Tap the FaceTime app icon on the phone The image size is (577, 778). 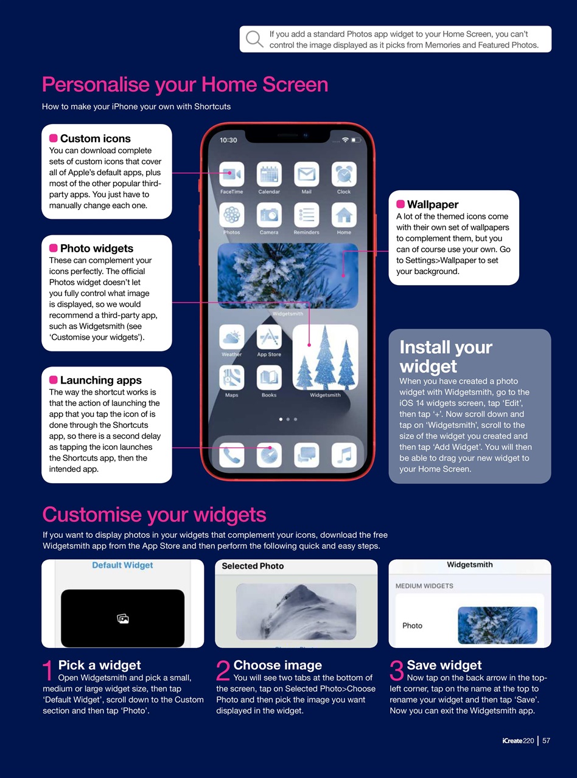point(232,174)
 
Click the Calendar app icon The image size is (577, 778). point(269,174)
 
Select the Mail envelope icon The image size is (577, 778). point(307,174)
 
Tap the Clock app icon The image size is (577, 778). point(344,174)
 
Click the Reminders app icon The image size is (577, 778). point(307,215)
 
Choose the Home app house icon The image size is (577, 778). point(344,215)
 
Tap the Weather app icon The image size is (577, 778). point(232,337)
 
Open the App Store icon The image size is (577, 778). point(269,337)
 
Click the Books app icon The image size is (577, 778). point(269,377)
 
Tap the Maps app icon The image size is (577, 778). point(232,377)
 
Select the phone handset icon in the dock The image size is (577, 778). point(232,455)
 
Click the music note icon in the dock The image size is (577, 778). point(344,455)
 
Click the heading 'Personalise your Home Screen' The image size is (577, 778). point(185,84)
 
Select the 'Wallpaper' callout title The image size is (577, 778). point(432,204)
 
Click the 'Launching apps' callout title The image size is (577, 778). point(100,380)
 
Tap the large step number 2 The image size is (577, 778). point(223,672)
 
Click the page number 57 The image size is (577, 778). point(546,740)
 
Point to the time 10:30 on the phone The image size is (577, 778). point(228,140)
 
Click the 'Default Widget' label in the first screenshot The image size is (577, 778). point(122,565)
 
